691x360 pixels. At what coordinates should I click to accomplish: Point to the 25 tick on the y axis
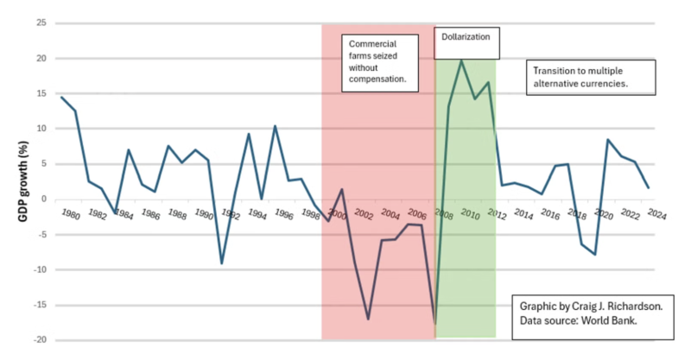pyautogui.click(x=41, y=23)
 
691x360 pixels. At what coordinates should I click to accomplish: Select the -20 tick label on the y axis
pyautogui.click(x=39, y=340)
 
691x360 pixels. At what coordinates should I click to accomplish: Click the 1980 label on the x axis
pyautogui.click(x=72, y=214)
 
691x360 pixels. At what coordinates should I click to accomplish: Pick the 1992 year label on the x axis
pyautogui.click(x=231, y=214)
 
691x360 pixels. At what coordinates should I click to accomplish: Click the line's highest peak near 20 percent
pyautogui.click(x=461, y=60)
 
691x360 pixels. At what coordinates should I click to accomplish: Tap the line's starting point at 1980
pyautogui.click(x=61, y=97)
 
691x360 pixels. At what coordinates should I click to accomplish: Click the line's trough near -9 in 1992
pyautogui.click(x=221, y=263)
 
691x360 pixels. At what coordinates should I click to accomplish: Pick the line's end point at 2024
pyautogui.click(x=649, y=188)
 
